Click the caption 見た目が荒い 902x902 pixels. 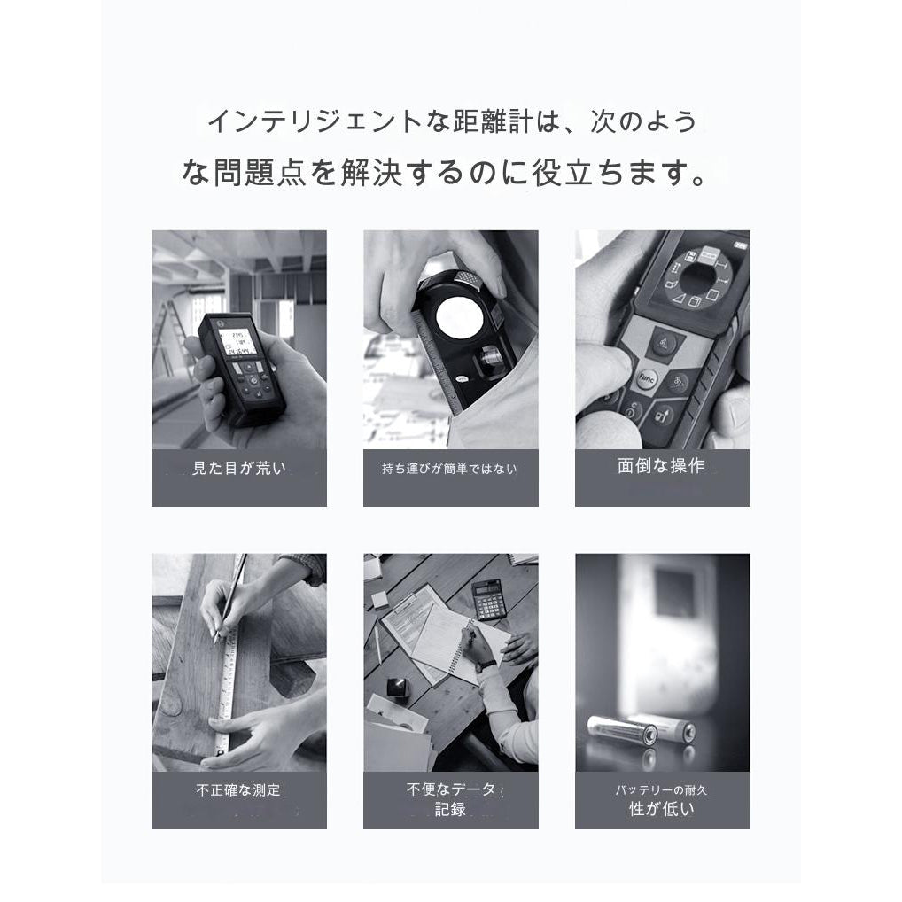[x=239, y=469]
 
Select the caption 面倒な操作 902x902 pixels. [x=661, y=466]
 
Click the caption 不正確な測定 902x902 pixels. [x=238, y=789]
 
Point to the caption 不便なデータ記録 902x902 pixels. [x=450, y=798]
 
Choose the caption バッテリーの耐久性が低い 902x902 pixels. [x=661, y=798]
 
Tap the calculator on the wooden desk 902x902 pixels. [x=486, y=600]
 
